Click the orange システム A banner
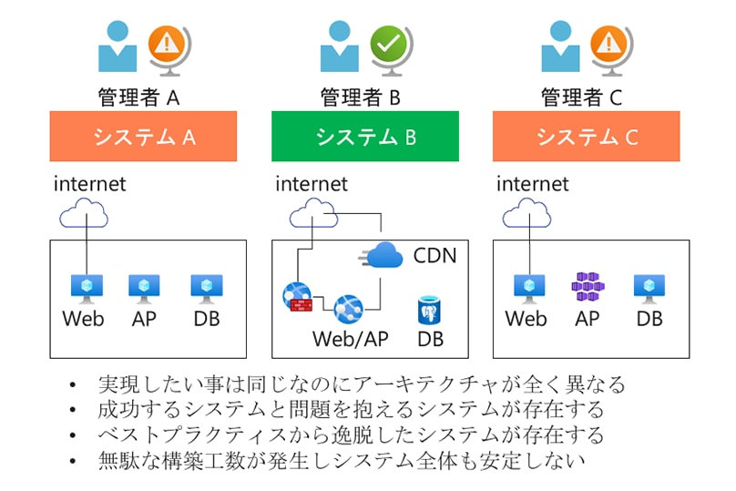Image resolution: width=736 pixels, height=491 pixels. pyautogui.click(x=143, y=137)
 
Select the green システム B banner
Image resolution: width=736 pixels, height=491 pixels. pyautogui.click(x=364, y=137)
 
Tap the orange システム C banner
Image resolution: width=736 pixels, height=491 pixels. pyautogui.click(x=586, y=137)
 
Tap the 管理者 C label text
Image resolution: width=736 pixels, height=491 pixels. pyautogui.click(x=586, y=96)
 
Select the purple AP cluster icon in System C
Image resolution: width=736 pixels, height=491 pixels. pyautogui.click(x=588, y=288)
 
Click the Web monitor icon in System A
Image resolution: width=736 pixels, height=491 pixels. pyautogui.click(x=87, y=289)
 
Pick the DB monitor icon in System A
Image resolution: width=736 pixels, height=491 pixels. pyautogui.click(x=206, y=289)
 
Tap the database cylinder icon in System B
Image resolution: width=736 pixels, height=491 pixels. pyautogui.click(x=430, y=311)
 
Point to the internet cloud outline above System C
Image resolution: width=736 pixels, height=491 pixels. pyautogui.click(x=526, y=216)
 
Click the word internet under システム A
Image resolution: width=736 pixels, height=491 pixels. pyautogui.click(x=89, y=184)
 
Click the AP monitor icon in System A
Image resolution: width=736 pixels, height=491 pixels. pyautogui.click(x=144, y=289)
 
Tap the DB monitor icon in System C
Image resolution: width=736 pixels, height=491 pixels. pyautogui.click(x=649, y=288)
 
